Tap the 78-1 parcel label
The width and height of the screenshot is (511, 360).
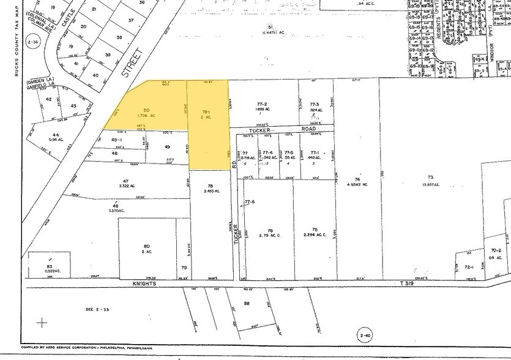207,111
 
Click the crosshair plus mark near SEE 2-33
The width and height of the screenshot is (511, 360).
42,322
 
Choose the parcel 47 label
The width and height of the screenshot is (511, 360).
127,181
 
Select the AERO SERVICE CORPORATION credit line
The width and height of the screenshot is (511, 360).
86,348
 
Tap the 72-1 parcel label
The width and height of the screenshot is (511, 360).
469,267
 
